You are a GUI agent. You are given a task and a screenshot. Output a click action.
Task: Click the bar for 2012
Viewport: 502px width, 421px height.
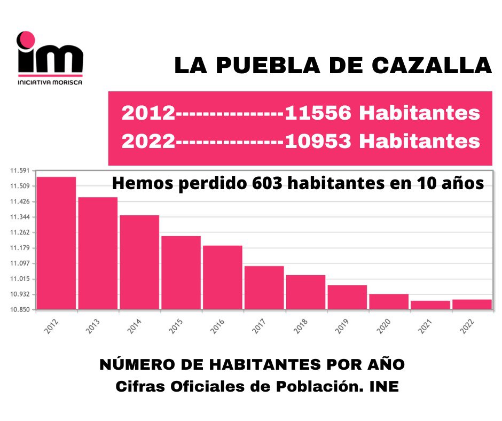tap(56, 243)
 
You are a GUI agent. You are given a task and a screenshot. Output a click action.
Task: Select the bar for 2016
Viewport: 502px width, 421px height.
tap(222, 277)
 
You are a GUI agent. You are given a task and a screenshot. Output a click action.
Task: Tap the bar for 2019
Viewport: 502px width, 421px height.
tap(347, 297)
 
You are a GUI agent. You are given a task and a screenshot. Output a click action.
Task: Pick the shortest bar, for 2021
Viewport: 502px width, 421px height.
tap(430, 305)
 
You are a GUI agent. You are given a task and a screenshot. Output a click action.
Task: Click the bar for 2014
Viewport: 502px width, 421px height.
tap(139, 262)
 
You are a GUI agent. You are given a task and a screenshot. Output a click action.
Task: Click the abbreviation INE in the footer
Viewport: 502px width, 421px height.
tap(384, 386)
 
